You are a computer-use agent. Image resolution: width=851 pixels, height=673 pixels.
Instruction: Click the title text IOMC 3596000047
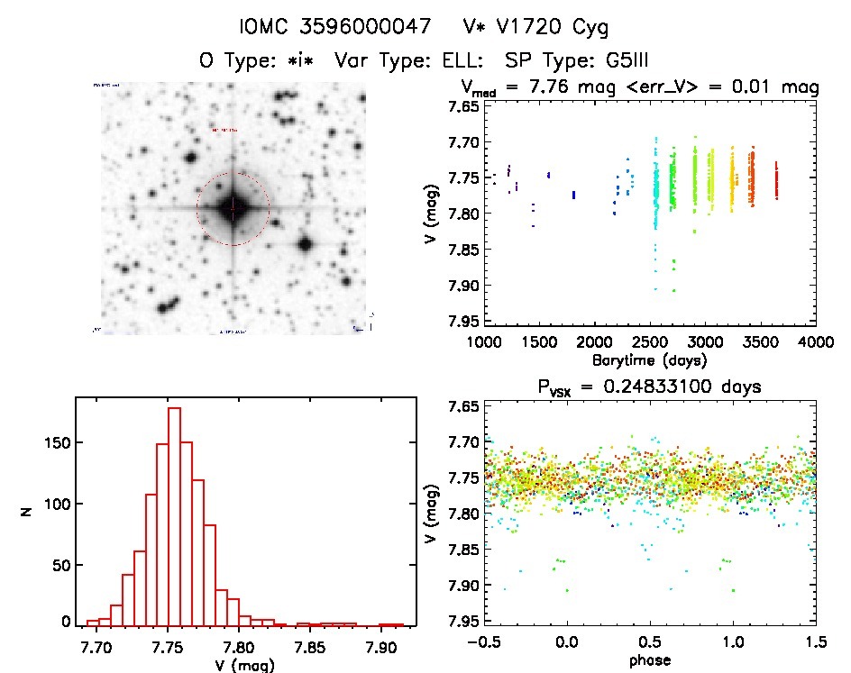click(x=323, y=26)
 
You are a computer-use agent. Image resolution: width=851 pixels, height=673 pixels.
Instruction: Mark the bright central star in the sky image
click(x=233, y=208)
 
